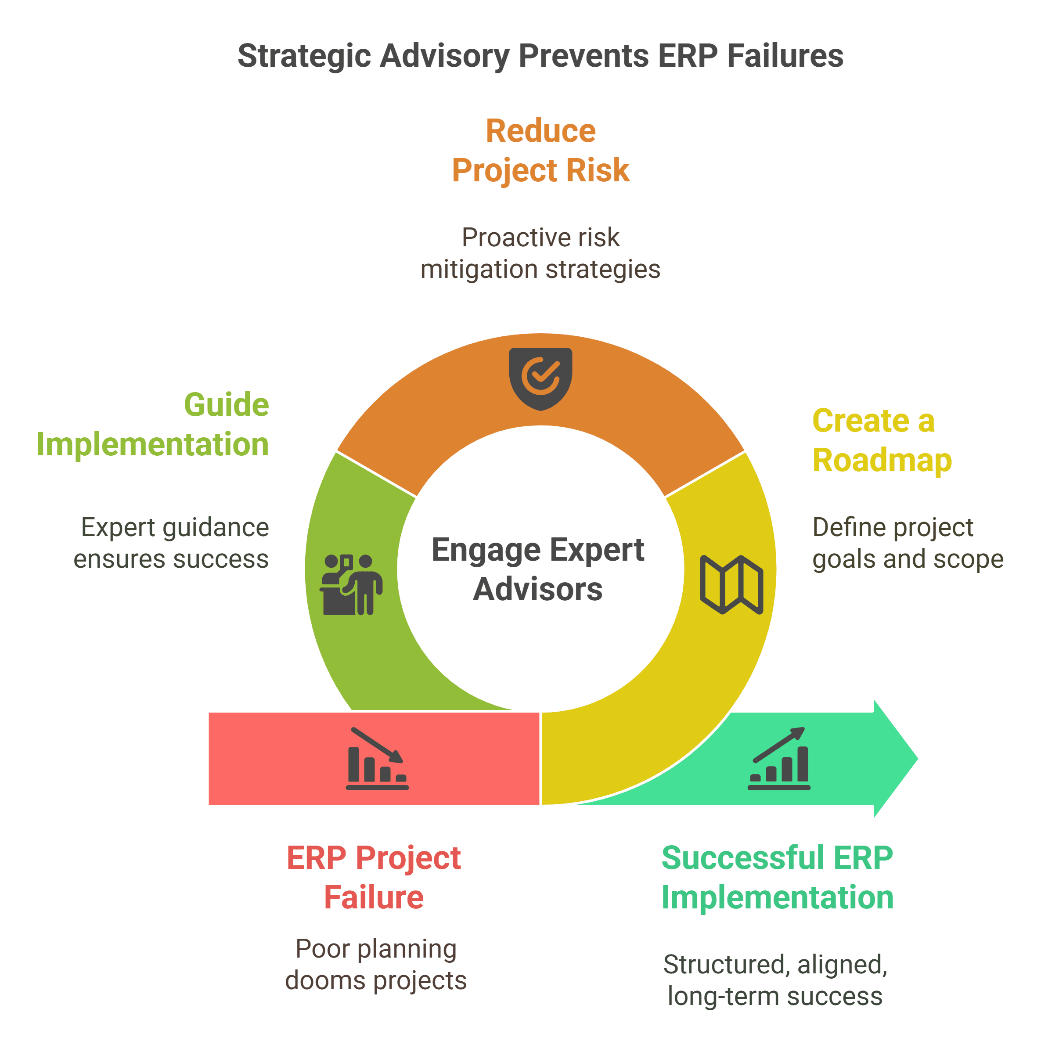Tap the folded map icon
(x=731, y=584)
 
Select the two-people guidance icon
(x=351, y=584)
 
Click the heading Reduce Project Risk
(x=540, y=150)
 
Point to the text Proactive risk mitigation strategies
(x=540, y=253)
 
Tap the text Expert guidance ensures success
(x=172, y=543)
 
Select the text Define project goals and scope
(x=907, y=543)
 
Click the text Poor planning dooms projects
(x=375, y=964)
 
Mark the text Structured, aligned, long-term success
(x=775, y=980)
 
